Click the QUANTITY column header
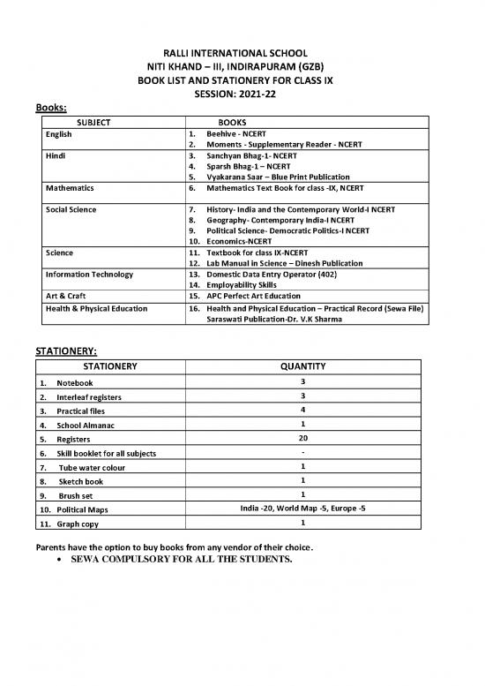(x=302, y=366)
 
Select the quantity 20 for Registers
(x=302, y=438)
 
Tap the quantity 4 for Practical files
(x=302, y=410)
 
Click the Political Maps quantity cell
(x=302, y=509)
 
